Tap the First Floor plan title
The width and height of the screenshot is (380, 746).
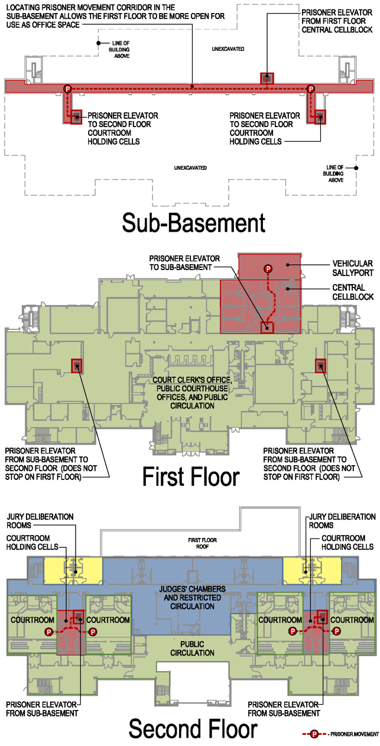coord(190,476)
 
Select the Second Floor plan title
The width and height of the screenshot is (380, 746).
coord(193,729)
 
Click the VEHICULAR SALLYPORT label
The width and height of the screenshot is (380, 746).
coord(353,268)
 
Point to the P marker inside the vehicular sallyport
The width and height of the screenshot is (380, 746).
coord(268,269)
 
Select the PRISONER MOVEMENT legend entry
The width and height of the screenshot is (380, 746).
coord(345,734)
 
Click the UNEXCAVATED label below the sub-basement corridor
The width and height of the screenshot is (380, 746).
coord(190,168)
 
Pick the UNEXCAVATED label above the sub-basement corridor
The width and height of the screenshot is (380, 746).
coord(228,48)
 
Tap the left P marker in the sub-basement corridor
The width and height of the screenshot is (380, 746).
coord(67,89)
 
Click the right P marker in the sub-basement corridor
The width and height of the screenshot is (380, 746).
coord(310,89)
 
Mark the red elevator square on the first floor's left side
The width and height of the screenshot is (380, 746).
coord(76,366)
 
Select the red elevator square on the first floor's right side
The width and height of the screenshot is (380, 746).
coord(320,366)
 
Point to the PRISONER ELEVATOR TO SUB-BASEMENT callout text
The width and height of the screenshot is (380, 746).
coord(184,263)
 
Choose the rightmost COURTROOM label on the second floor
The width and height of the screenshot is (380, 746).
coord(352,619)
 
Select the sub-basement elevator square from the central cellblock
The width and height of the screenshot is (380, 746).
coord(267,78)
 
